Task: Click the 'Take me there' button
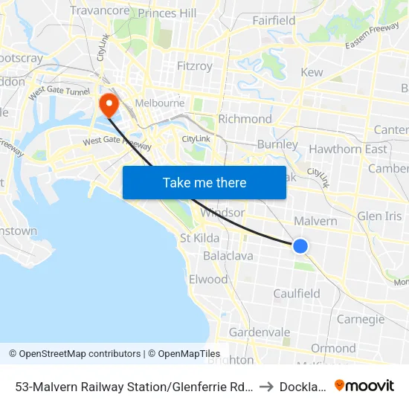pos(204,182)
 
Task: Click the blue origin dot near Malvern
pos(300,245)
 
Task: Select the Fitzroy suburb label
pos(195,66)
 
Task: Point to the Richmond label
pos(245,119)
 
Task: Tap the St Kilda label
pos(199,238)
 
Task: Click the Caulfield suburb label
pos(297,294)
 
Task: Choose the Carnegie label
pos(361,320)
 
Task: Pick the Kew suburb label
pos(311,72)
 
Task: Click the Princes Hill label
pos(167,13)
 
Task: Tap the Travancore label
pos(100,11)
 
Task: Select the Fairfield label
pos(274,21)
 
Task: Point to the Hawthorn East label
pos(348,149)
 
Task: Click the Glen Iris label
pos(379,216)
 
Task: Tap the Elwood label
pos(208,280)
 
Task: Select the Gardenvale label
pos(260,332)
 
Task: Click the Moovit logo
pos(364,385)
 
